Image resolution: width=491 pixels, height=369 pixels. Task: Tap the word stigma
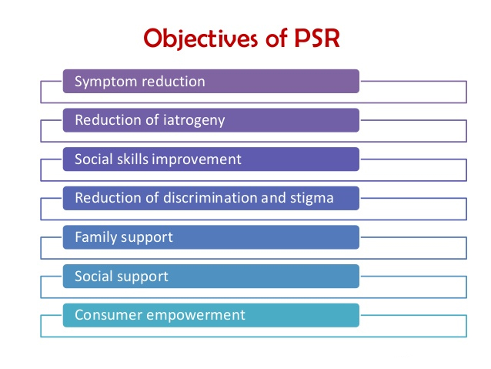click(x=312, y=198)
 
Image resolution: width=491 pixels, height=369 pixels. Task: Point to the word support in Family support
click(x=145, y=237)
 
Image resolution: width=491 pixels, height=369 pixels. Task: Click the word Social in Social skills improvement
click(x=94, y=159)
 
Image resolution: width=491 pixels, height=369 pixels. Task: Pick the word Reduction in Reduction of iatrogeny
click(x=105, y=120)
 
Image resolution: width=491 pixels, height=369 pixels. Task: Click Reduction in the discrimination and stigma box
click(x=105, y=198)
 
